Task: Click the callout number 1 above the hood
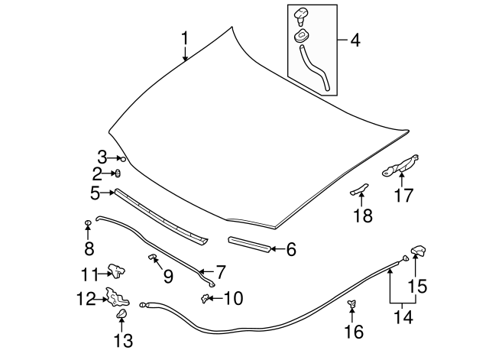[184, 38]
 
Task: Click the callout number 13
[122, 339]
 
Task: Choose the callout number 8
[89, 248]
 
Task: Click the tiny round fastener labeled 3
[122, 158]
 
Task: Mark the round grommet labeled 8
[89, 222]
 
